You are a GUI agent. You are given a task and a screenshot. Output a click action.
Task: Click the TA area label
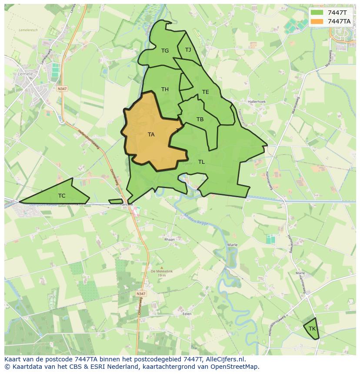pyautogui.click(x=151, y=135)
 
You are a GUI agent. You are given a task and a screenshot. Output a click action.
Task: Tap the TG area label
pyautogui.click(x=165, y=51)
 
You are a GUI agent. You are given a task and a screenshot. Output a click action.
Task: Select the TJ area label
pyautogui.click(x=188, y=50)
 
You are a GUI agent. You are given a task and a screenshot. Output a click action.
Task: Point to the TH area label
pyautogui.click(x=165, y=89)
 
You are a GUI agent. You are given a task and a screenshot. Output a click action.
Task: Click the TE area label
pyautogui.click(x=205, y=92)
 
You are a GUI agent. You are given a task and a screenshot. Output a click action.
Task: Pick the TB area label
pyautogui.click(x=200, y=119)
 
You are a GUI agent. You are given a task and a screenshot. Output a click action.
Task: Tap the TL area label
pyautogui.click(x=201, y=162)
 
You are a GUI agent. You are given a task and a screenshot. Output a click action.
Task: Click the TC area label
pyautogui.click(x=62, y=196)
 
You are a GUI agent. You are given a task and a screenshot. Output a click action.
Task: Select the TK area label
pyautogui.click(x=312, y=329)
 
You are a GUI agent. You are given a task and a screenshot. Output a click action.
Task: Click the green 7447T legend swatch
pyautogui.click(x=317, y=13)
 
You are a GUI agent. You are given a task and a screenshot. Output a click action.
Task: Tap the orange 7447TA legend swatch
pyautogui.click(x=317, y=21)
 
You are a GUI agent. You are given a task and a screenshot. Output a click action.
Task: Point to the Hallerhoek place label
pyautogui.click(x=257, y=102)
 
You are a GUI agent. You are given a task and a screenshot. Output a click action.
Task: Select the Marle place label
pyautogui.click(x=232, y=245)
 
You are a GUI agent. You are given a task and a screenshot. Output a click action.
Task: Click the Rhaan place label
pyautogui.click(x=169, y=239)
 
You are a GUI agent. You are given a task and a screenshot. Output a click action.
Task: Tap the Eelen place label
pyautogui.click(x=187, y=313)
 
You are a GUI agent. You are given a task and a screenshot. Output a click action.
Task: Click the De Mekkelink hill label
pyautogui.click(x=162, y=271)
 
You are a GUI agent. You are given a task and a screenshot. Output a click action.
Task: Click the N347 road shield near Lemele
pyautogui.click(x=62, y=89)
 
